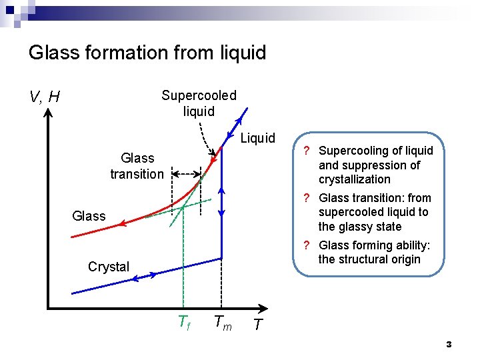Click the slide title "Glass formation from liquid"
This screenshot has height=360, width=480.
[147, 53]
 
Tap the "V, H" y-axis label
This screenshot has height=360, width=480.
[45, 97]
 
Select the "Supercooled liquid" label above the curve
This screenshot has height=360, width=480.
[199, 103]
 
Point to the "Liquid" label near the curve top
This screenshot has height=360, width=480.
[257, 138]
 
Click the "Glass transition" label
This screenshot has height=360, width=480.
[137, 166]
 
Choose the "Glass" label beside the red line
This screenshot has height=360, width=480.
[88, 216]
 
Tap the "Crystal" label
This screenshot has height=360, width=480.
[109, 267]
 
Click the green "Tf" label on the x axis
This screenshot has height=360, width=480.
[185, 323]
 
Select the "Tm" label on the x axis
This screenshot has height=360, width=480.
[223, 323]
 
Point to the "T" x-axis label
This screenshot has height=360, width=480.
[257, 325]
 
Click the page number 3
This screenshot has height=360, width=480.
[449, 345]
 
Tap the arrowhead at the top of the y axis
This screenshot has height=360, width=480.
[49, 113]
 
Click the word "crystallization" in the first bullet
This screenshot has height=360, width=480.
[354, 179]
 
